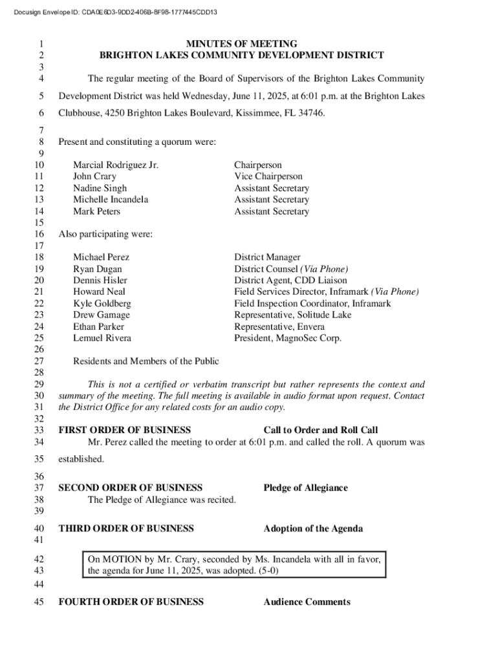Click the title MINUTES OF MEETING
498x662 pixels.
point(241,44)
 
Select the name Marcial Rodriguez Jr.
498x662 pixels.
point(116,165)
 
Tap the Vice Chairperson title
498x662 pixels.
point(268,176)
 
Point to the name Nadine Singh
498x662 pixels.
point(100,188)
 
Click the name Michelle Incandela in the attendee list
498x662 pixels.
point(111,200)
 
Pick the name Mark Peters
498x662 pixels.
point(96,211)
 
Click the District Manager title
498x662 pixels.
point(267,257)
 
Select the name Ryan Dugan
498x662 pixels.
point(97,269)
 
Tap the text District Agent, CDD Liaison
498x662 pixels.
point(290,281)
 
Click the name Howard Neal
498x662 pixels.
point(99,292)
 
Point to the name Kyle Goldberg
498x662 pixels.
point(102,303)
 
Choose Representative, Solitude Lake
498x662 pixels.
point(293,315)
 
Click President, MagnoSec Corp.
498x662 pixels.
point(288,338)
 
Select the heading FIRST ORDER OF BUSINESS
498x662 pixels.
point(125,431)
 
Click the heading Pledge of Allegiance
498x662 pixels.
point(305,488)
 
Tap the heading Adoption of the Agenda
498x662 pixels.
point(313,529)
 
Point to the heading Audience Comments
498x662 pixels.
point(307,602)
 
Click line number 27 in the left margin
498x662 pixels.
point(38,361)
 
